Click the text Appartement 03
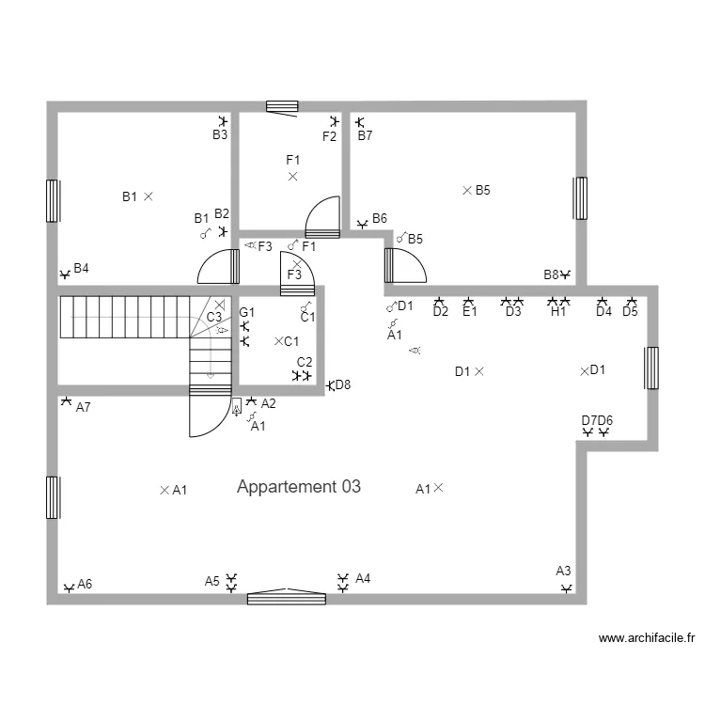pos(299,487)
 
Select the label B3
pos(219,135)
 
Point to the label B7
pos(365,135)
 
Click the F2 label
pos(329,136)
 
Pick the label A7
pos(83,407)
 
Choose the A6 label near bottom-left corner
pos(85,584)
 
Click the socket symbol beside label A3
pos(566,588)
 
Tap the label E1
pos(470,312)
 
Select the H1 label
pos(558,312)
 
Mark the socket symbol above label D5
pos(630,301)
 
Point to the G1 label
pos(246,312)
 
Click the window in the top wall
pos(282,106)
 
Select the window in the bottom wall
pos(287,597)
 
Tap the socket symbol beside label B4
pos(65,274)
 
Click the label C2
pos(305,362)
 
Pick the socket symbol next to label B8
pos(566,274)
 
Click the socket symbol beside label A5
pos(232,581)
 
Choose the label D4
pos(603,312)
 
